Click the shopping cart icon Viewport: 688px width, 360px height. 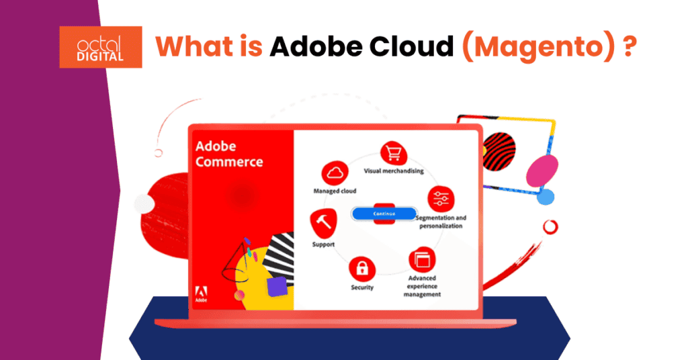[x=393, y=154]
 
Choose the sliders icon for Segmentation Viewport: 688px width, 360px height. [x=441, y=199]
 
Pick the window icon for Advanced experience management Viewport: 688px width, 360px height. [x=422, y=259]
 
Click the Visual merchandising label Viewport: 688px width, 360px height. [x=394, y=171]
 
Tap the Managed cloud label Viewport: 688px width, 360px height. [x=335, y=191]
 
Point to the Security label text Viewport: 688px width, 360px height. [x=362, y=287]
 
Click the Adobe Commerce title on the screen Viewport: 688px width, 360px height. [x=228, y=154]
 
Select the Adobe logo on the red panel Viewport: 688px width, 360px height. [x=201, y=293]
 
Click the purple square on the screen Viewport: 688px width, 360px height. [x=276, y=287]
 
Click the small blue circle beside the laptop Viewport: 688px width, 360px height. [x=546, y=197]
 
